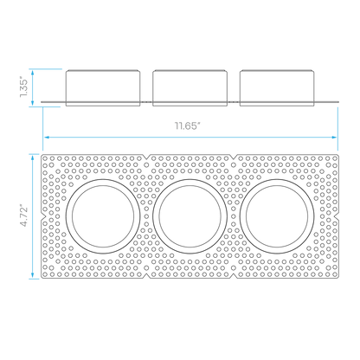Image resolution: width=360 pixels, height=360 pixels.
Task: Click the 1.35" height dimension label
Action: pos(24,87)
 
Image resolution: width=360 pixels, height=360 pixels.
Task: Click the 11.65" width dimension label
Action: pos(187,125)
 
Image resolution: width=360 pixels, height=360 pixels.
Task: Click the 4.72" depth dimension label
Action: pos(24,216)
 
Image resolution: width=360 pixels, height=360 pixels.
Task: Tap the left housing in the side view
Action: pos(103,87)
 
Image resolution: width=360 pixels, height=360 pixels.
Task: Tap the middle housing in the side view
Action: pos(190,87)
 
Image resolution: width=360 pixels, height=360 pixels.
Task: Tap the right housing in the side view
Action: pos(277,87)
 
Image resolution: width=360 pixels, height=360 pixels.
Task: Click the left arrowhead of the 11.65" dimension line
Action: pos(46,138)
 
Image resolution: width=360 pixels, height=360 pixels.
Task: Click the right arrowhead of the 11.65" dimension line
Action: pos(335,138)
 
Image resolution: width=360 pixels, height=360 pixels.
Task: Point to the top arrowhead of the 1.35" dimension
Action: pos(33,73)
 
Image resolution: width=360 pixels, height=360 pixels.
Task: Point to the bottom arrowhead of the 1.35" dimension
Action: pos(33,102)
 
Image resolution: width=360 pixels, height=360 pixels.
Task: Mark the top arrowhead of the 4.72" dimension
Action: pos(33,157)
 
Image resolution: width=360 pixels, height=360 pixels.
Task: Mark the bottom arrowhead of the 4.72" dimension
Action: pos(33,275)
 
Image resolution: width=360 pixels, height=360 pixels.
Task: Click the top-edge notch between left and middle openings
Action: pos(146,157)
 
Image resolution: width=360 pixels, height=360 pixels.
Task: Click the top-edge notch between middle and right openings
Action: pos(234,157)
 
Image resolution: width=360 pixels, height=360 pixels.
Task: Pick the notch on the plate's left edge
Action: pos(43,216)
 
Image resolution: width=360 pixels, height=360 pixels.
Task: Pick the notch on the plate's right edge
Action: pos(337,216)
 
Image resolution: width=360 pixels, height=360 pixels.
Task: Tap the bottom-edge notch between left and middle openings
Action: pos(146,276)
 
